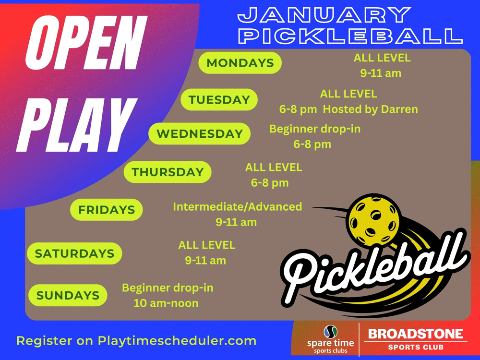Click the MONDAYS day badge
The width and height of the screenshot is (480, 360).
coord(240,63)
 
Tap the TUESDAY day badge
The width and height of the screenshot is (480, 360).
coord(219,99)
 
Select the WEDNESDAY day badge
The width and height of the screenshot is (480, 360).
coord(200,133)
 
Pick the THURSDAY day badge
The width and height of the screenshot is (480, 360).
coord(168,172)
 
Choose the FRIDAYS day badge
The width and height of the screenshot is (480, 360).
coord(107,210)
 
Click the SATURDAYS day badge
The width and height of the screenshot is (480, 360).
coord(74,253)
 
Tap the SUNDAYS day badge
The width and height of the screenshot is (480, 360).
coord(68,295)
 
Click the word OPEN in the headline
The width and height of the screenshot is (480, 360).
coord(83,43)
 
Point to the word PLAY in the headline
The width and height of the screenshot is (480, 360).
coord(76,125)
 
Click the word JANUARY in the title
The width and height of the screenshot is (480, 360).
coord(324,15)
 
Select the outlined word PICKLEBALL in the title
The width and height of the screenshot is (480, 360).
coord(350,36)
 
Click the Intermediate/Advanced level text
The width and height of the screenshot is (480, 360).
coord(237,206)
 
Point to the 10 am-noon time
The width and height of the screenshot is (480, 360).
coord(166,303)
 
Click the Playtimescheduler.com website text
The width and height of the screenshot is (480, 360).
coord(177,341)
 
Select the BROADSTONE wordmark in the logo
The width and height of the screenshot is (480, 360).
coord(416,334)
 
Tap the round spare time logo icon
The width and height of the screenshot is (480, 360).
coord(331,332)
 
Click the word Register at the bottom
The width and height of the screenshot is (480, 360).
coord(44,341)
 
